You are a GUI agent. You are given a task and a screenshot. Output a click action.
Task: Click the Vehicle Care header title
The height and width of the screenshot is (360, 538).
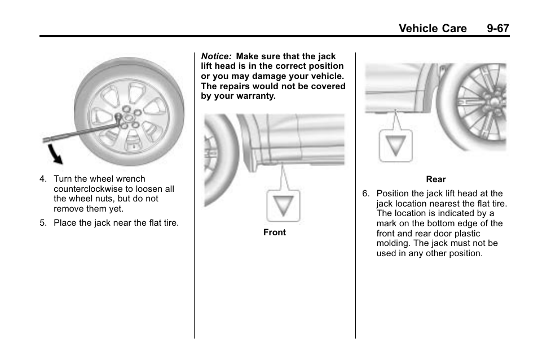433,28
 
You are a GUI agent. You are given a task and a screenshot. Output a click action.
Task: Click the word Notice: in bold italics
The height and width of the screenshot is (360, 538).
217,56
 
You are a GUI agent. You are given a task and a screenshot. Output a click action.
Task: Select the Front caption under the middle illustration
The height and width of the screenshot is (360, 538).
275,232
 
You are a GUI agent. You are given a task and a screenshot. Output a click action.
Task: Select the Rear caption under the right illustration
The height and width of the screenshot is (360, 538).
436,179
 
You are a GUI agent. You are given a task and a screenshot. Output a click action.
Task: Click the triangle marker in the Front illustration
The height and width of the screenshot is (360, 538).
283,205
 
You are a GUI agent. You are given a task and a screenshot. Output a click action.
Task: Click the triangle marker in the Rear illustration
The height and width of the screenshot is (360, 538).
395,146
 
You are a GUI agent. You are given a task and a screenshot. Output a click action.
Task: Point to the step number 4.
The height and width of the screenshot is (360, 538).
42,179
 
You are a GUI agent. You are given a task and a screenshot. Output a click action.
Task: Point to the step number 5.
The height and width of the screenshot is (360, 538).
42,223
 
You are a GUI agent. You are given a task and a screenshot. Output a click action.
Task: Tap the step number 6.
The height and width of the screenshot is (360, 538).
365,194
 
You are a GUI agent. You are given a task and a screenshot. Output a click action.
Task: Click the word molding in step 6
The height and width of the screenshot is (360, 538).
394,243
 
